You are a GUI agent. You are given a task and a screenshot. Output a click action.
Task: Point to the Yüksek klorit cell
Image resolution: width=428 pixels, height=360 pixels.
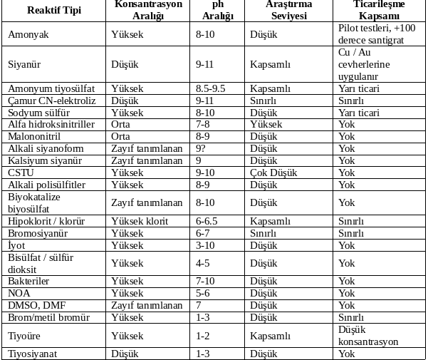tap(140, 221)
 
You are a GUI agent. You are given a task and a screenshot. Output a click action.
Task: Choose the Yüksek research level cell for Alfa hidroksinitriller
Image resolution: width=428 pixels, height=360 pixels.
tap(266, 124)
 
